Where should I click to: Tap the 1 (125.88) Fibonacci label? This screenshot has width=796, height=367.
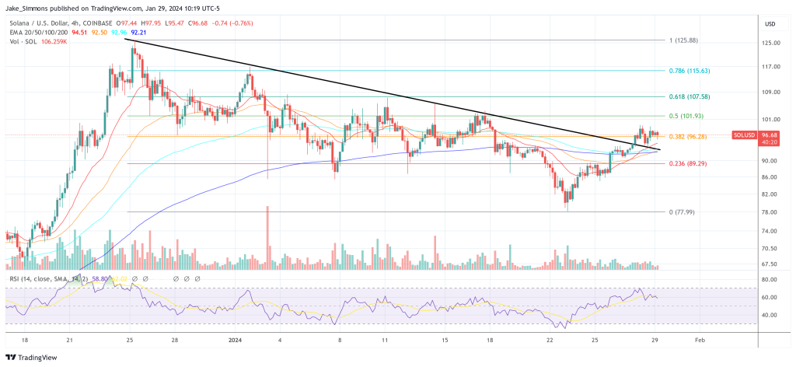coord(685,40)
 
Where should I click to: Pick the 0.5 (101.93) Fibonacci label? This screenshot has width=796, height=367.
coord(687,116)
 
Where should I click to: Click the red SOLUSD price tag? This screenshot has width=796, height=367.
coord(744,135)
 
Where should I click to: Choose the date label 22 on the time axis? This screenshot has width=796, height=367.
coord(550,341)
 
